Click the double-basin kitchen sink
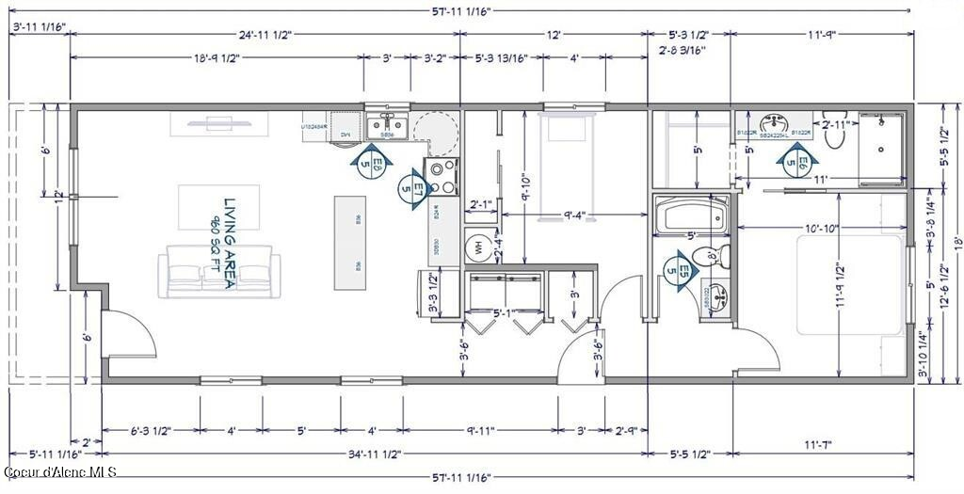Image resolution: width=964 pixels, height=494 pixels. point(386,125)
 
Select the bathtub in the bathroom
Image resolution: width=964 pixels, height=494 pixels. point(692,216)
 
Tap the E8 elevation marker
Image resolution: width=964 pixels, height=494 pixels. point(371,166)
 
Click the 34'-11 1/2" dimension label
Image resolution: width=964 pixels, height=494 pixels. point(375,454)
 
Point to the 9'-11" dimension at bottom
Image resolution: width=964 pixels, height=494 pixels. point(480,430)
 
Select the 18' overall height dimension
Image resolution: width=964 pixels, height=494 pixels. point(955,242)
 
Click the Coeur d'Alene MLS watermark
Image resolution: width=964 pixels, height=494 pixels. point(58,471)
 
